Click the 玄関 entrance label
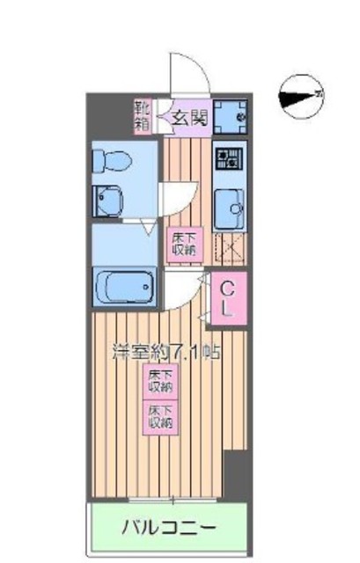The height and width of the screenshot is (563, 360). [x=188, y=115]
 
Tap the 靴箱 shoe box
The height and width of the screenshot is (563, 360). [x=142, y=114]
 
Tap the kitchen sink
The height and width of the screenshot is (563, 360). [x=231, y=206]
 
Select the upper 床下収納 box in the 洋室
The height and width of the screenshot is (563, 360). [x=159, y=380]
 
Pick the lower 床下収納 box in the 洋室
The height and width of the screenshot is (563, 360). [x=159, y=415]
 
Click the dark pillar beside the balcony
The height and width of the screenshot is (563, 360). [x=235, y=475]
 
